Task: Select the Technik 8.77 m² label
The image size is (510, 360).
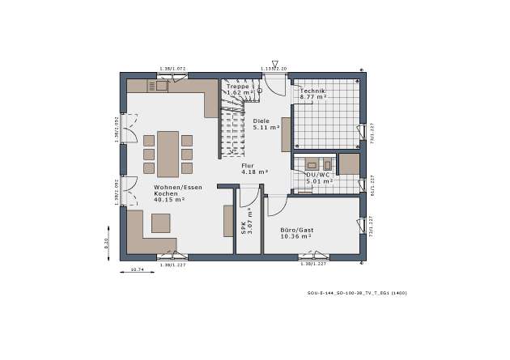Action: coord(312,94)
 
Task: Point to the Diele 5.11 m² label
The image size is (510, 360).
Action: coord(266,124)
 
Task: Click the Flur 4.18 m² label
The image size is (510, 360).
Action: coord(253,168)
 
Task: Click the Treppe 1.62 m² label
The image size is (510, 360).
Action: coord(240,89)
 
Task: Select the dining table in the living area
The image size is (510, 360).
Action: coord(168,154)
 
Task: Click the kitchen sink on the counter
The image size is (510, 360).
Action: coord(161,85)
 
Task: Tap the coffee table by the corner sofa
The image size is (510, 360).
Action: coord(160,222)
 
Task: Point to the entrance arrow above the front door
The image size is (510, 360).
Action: coord(274,63)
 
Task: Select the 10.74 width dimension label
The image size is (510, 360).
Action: coord(137,269)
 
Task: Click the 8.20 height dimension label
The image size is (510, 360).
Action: coord(106,243)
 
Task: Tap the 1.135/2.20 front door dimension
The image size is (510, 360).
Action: coord(274,70)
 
